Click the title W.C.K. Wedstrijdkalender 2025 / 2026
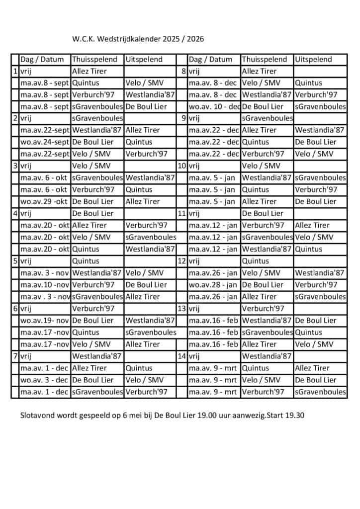pyautogui.click(x=138, y=39)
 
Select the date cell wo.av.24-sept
pyautogui.click(x=45, y=142)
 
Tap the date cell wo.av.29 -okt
pyautogui.click(x=45, y=201)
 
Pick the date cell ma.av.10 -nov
pyautogui.click(x=45, y=285)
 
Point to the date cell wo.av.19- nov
pyautogui.click(x=45, y=321)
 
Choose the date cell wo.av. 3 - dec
pyautogui.click(x=45, y=380)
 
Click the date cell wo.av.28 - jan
pyautogui.click(x=213, y=285)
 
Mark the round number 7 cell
pyautogui.click(x=15, y=356)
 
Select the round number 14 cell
pyautogui.click(x=182, y=356)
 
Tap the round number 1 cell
pyautogui.click(x=15, y=71)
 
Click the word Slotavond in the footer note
pyautogui.click(x=38, y=415)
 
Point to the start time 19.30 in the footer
pyautogui.click(x=294, y=415)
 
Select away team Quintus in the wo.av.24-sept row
pyautogui.click(x=139, y=142)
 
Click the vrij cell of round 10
pyautogui.click(x=194, y=166)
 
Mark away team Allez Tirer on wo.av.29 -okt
pyautogui.click(x=143, y=201)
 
